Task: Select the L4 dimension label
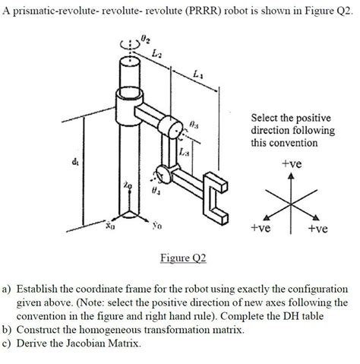click(x=197, y=74)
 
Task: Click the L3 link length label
click(x=185, y=154)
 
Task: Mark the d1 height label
click(x=74, y=161)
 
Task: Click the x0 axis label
click(x=109, y=226)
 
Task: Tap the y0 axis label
click(x=156, y=226)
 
